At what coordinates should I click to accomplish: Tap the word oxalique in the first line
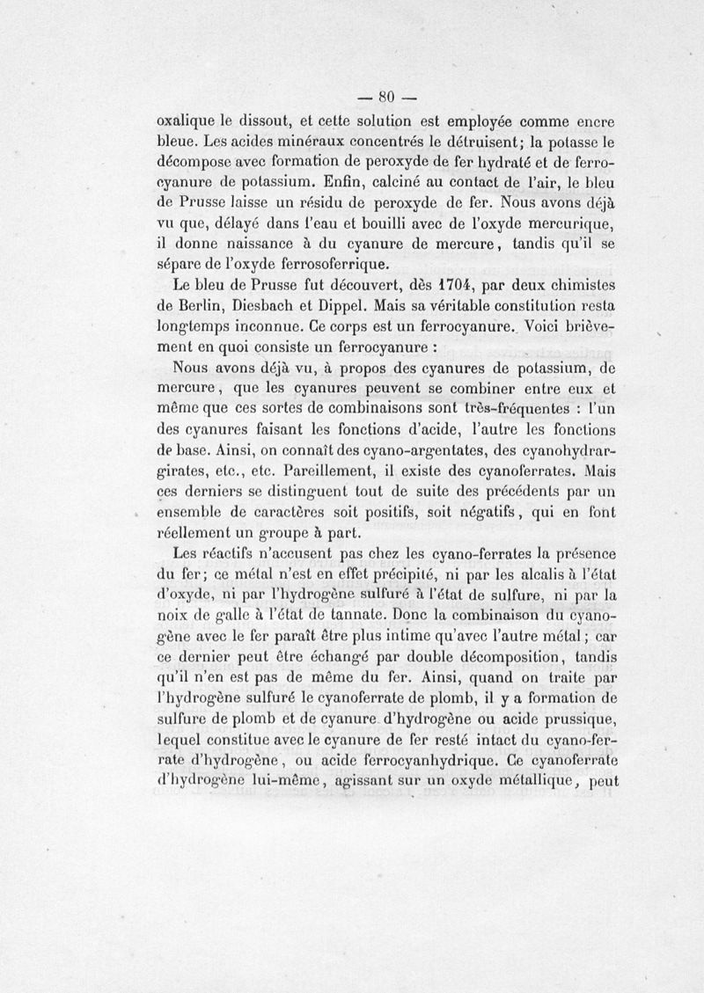[181, 121]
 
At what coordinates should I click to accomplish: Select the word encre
[593, 121]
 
